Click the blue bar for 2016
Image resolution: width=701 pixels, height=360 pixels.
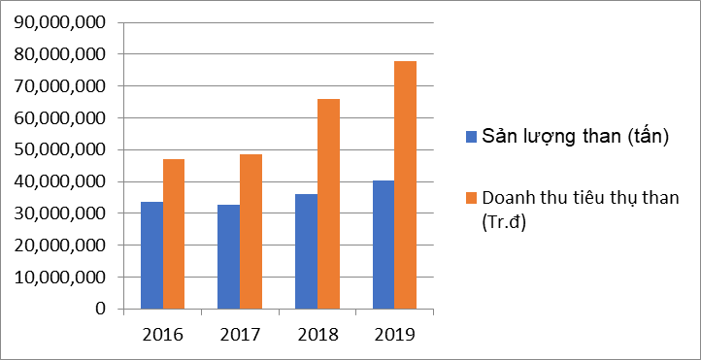tap(151, 255)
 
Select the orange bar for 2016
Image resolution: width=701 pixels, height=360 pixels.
tap(174, 234)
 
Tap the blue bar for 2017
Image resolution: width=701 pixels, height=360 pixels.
tap(228, 257)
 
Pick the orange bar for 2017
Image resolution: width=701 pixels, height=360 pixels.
tap(250, 231)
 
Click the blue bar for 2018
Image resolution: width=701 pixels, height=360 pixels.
tap(306, 251)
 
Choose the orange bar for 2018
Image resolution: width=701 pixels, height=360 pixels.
tap(328, 204)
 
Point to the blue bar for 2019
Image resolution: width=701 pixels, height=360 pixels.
tap(384, 245)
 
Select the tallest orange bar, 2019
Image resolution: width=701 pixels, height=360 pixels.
tap(406, 184)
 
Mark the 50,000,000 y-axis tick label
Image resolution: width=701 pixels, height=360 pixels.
tap(59, 150)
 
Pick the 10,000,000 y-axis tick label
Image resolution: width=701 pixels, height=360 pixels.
tap(59, 278)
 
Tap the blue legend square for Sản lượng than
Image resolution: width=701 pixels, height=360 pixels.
tap(472, 136)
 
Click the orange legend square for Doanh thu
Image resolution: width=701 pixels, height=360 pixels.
tap(472, 198)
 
